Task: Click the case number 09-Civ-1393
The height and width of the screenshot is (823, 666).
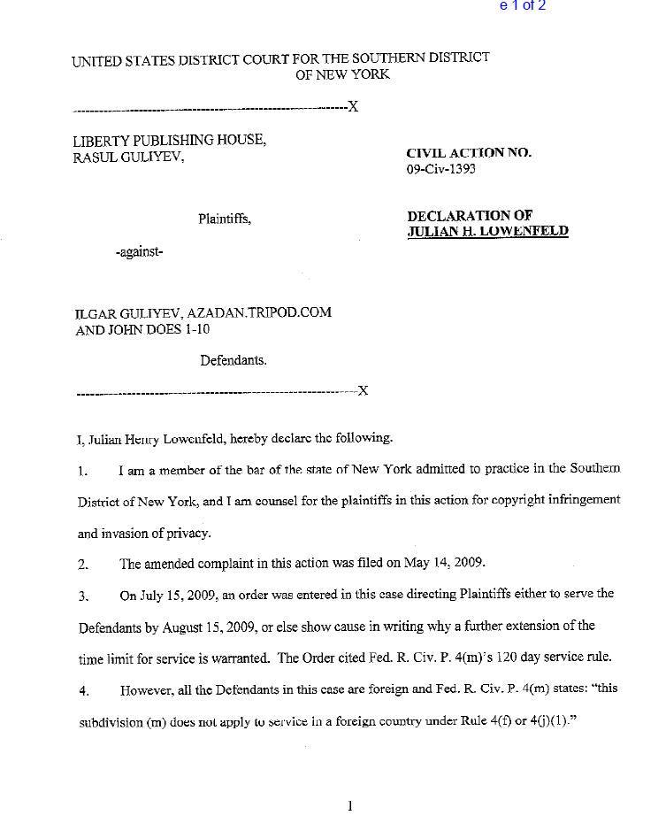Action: (440, 169)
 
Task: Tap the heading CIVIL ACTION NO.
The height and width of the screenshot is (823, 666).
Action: (469, 152)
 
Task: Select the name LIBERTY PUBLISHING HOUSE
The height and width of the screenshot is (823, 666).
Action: (169, 140)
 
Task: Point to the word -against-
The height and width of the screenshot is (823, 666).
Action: (139, 251)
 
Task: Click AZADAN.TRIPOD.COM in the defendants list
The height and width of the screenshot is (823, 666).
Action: (258, 313)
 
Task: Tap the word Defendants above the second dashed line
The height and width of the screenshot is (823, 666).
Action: (233, 360)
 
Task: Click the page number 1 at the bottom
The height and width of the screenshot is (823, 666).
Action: (350, 805)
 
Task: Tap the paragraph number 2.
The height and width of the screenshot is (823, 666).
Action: (82, 564)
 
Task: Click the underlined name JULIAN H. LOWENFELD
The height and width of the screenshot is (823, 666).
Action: (487, 232)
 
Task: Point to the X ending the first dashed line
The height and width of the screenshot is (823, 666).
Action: (353, 108)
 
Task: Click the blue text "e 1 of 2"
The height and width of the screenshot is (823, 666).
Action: (523, 6)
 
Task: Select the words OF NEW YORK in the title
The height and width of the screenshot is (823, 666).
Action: (342, 74)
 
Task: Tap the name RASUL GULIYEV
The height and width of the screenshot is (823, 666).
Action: (128, 157)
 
